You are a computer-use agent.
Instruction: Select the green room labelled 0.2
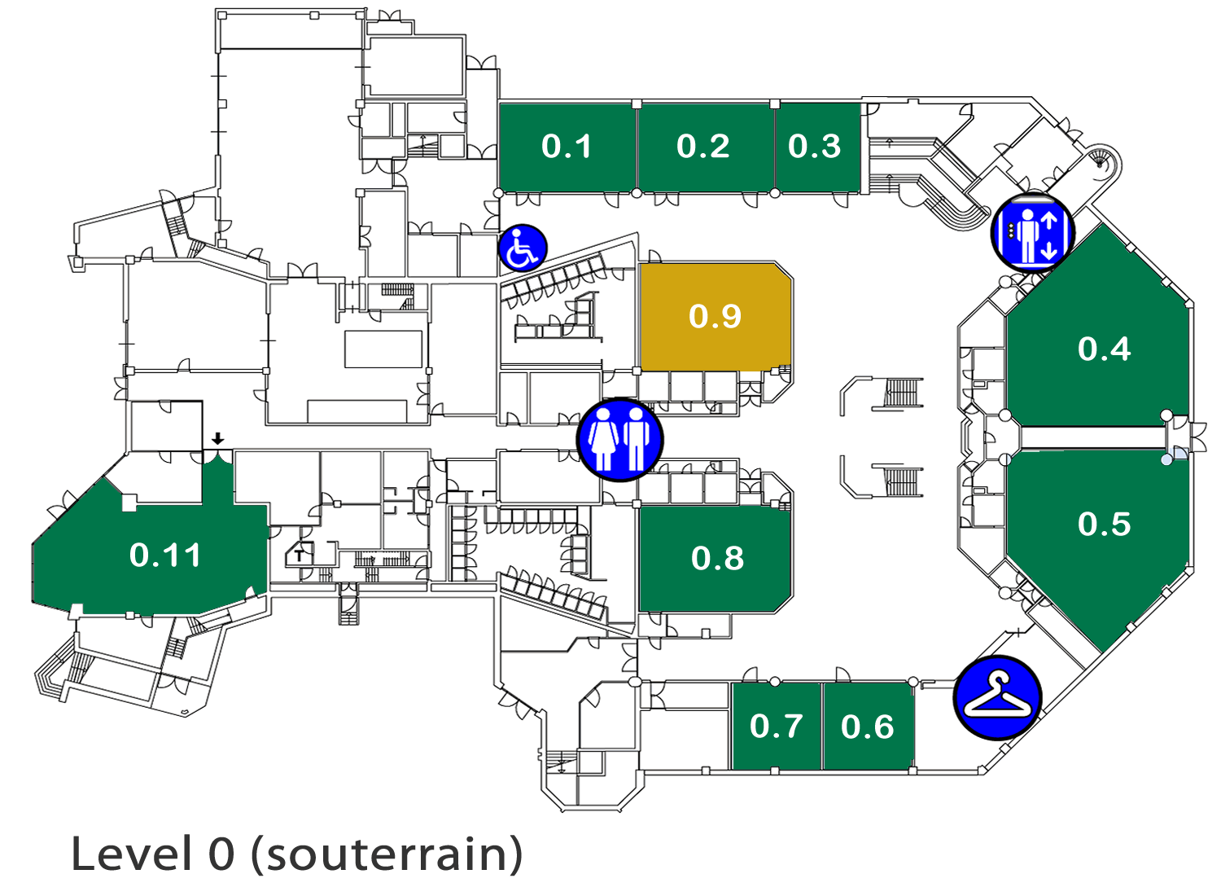click(x=706, y=147)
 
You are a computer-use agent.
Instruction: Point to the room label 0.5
click(x=1105, y=524)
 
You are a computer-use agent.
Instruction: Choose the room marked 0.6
click(x=869, y=726)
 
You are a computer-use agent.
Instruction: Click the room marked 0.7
click(x=777, y=726)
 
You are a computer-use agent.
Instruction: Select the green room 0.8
click(x=715, y=559)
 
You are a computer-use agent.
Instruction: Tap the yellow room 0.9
click(x=715, y=316)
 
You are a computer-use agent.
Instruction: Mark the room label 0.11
click(x=165, y=556)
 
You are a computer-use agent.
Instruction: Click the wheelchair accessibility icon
click(x=523, y=248)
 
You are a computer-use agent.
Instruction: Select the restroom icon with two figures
click(x=620, y=440)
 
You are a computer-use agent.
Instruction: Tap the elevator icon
click(x=1032, y=234)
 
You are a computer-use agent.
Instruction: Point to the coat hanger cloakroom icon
click(x=998, y=698)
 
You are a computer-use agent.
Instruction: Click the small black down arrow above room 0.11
click(x=217, y=438)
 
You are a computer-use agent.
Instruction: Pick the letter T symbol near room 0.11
click(x=300, y=556)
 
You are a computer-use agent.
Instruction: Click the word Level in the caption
click(x=131, y=854)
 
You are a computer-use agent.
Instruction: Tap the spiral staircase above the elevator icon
click(x=1103, y=164)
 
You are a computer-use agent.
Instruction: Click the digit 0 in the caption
click(x=221, y=854)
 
